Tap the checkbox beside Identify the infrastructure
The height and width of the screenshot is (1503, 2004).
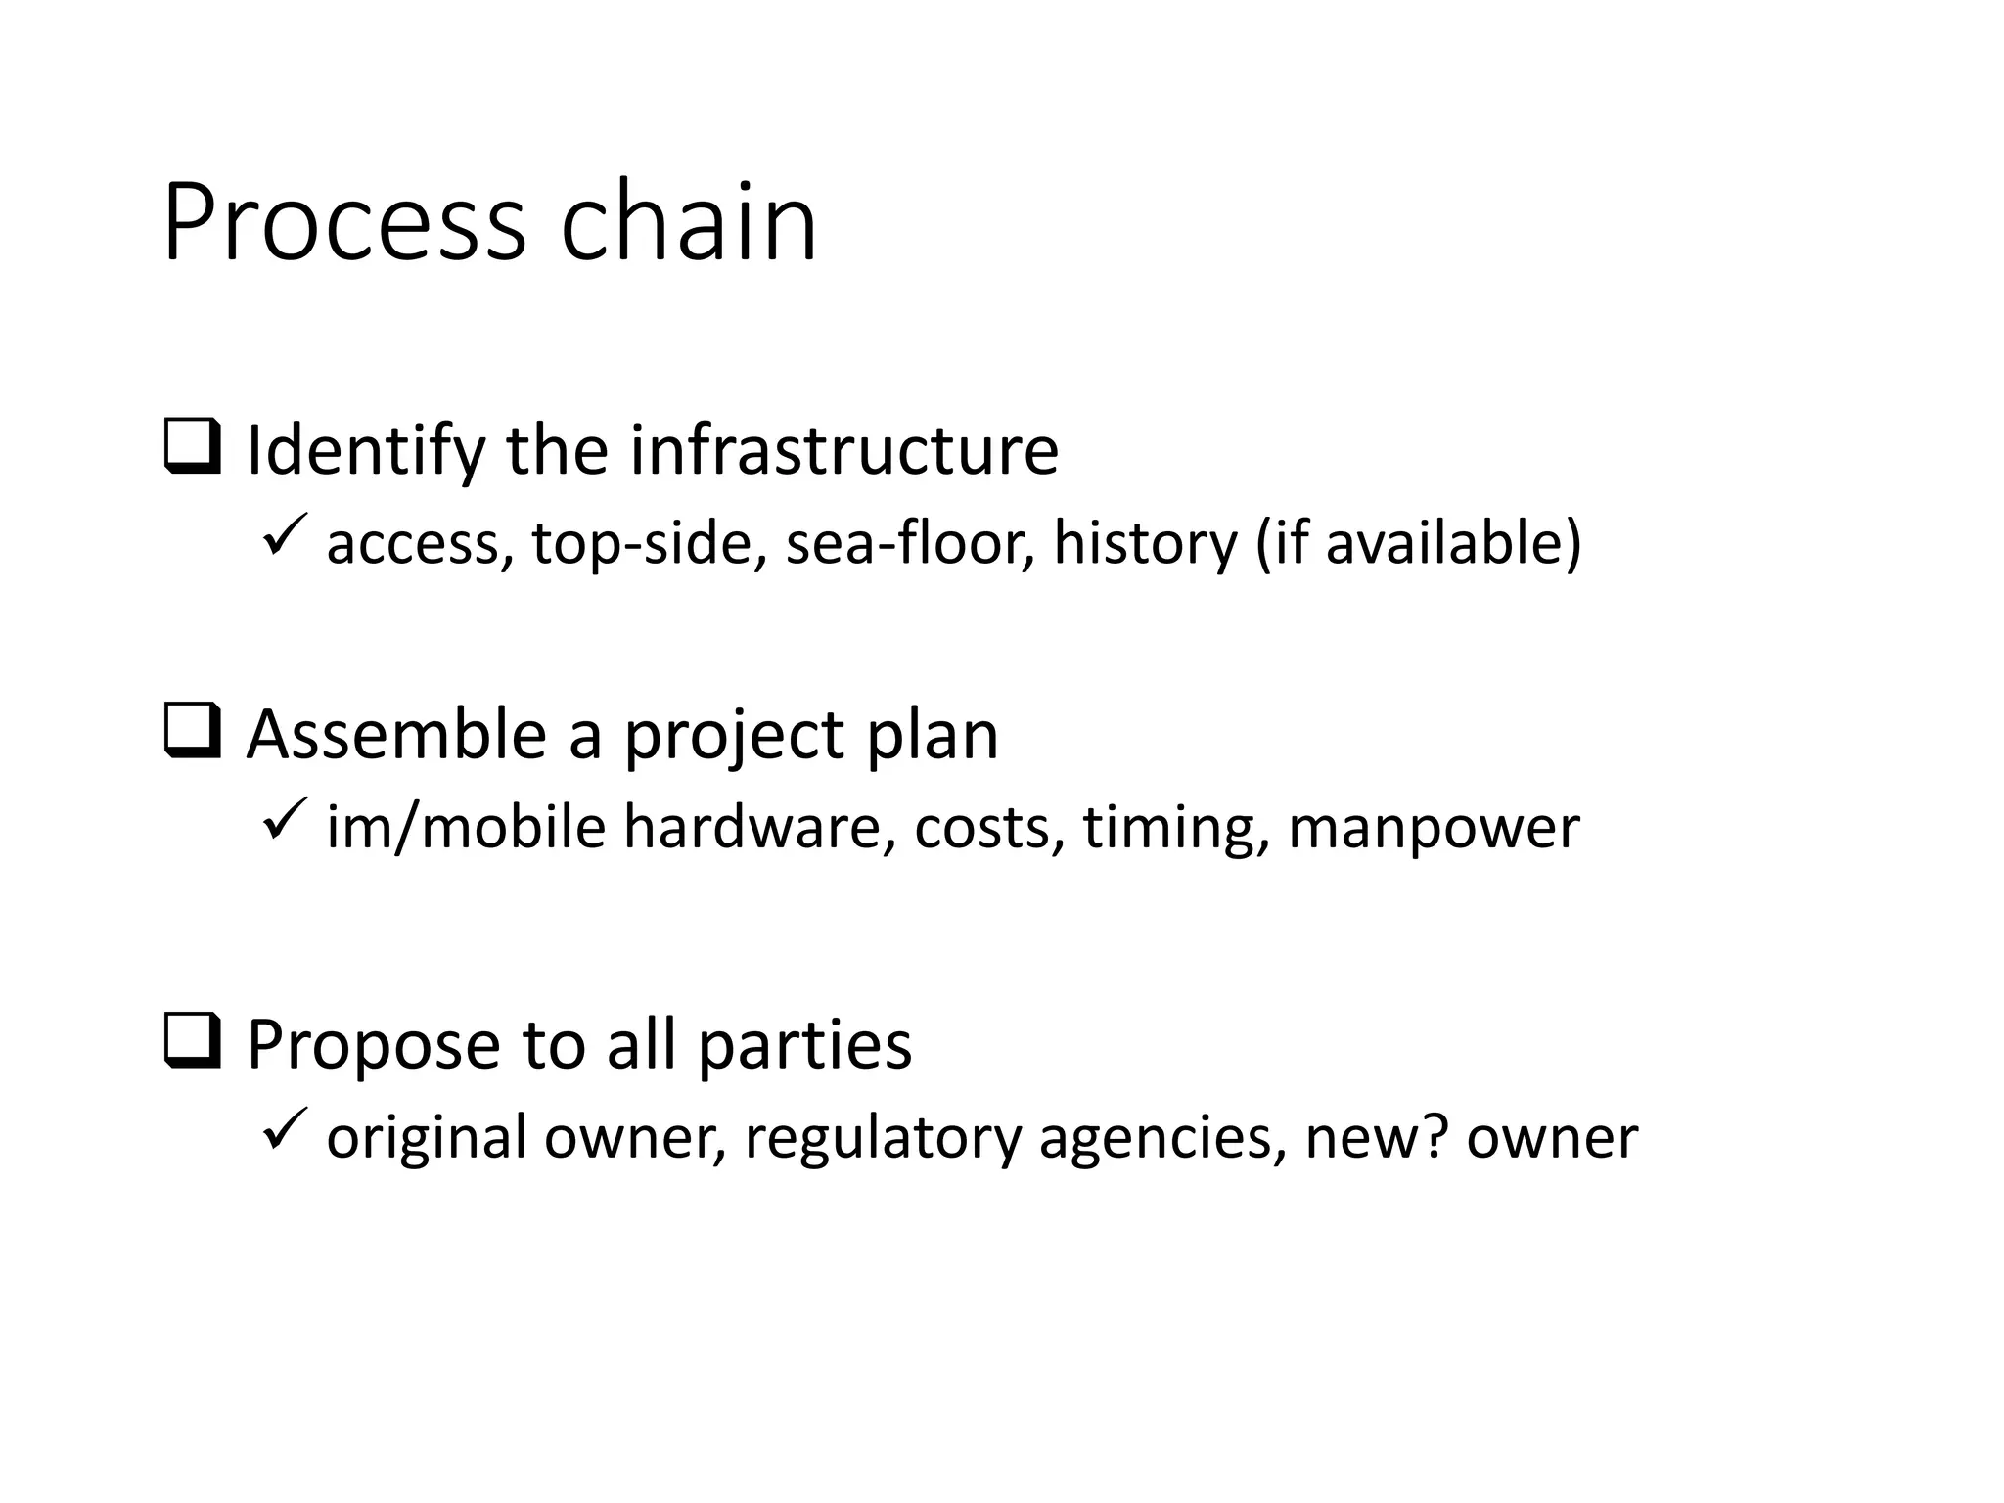pos(192,447)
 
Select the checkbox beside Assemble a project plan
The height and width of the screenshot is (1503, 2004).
pos(192,731)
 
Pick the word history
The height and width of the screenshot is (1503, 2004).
pos(1145,543)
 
